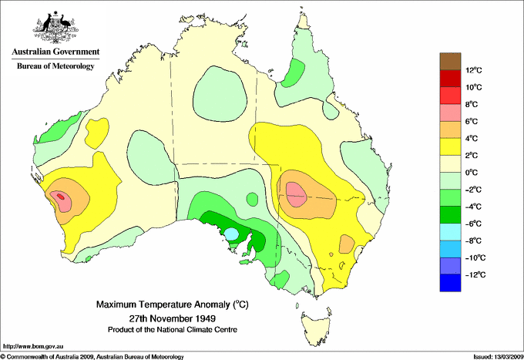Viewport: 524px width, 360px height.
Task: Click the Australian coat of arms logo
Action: coord(55,28)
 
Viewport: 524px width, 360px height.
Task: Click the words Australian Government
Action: coord(55,52)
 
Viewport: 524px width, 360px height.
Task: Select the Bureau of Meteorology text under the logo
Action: coord(55,66)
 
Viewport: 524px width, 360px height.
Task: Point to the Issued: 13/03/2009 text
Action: coord(492,356)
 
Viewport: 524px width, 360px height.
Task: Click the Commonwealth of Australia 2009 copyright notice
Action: coord(92,356)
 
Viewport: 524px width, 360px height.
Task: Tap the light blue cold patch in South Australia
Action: coord(230,233)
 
